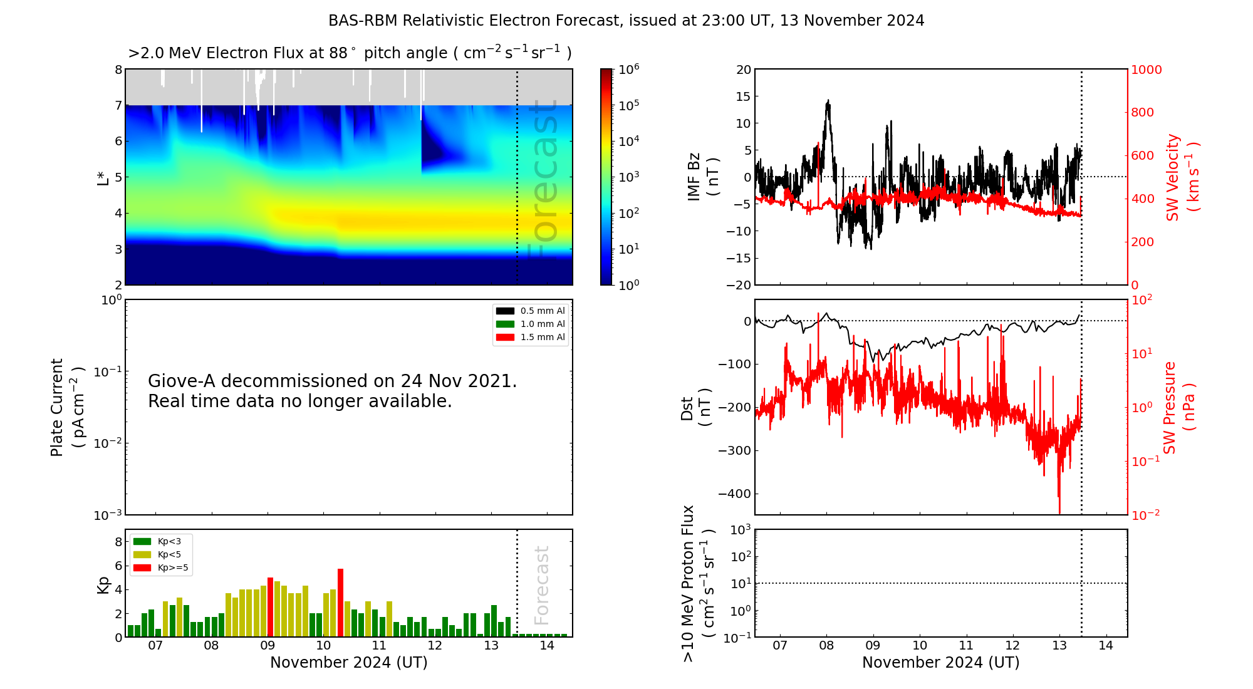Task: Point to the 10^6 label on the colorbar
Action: point(629,69)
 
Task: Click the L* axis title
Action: point(103,177)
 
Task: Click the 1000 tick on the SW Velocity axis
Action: point(1146,70)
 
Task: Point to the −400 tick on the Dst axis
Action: point(734,494)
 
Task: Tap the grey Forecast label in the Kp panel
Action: point(541,585)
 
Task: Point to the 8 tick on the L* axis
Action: point(118,70)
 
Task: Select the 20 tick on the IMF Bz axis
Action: point(743,70)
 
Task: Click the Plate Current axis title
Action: point(66,407)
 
